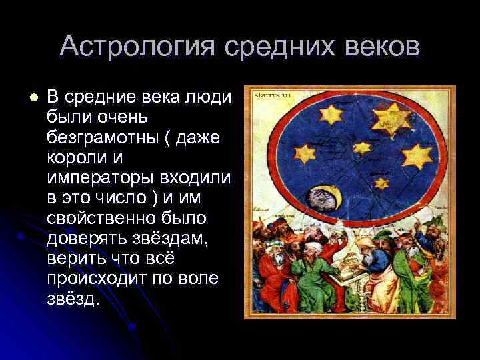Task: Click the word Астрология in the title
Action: tap(137, 47)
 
